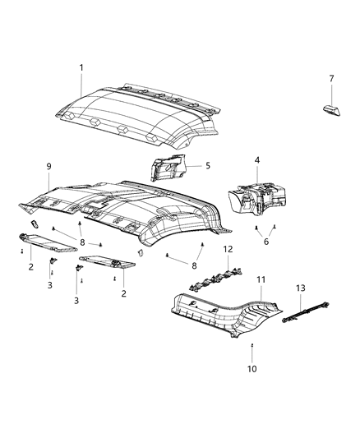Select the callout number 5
click(207, 165)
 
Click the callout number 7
click(331, 78)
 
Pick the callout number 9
click(48, 166)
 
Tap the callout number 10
click(252, 369)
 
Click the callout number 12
click(228, 249)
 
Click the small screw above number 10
click(252, 346)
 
